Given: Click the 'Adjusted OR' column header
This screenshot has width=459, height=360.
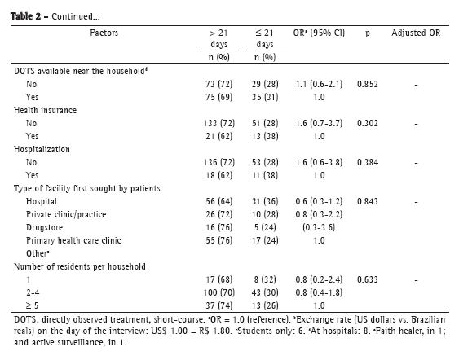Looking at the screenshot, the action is [x=416, y=33].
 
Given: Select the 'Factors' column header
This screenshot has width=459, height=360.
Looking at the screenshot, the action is [x=104, y=33].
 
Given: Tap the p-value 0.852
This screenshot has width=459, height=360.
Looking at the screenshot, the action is [x=368, y=84].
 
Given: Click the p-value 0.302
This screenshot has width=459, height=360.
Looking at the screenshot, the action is [x=368, y=123].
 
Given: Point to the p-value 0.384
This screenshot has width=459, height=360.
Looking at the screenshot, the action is [x=368, y=162].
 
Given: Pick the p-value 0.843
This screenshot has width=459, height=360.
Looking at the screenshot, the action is [x=368, y=201].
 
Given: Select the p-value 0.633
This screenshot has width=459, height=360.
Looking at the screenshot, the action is [x=368, y=279].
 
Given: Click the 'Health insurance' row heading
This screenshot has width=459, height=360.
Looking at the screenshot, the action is [x=45, y=110].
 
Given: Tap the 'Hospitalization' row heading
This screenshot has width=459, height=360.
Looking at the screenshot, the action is [x=42, y=149].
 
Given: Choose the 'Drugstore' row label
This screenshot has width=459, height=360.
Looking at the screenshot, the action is [x=44, y=227].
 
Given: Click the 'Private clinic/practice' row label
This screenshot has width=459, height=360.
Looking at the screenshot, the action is [x=66, y=214].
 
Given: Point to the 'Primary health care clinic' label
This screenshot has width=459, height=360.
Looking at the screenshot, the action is [x=73, y=240].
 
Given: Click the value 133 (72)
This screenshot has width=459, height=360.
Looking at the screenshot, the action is [x=219, y=123].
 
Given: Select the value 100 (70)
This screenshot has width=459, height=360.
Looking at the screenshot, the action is [x=219, y=292].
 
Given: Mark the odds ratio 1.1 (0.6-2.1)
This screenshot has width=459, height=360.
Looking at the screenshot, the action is [x=319, y=84].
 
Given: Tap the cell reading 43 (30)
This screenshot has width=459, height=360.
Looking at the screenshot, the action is [x=265, y=292].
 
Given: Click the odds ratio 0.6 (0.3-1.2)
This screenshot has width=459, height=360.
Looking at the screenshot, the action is [x=319, y=201].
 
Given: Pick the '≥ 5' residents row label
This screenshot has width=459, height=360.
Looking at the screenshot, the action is [x=32, y=305].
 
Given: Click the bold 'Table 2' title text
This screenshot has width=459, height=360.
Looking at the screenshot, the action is [x=26, y=16].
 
